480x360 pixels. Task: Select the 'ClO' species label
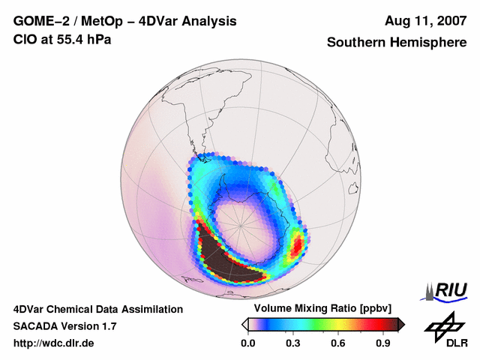24,39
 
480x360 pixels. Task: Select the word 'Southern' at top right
355,43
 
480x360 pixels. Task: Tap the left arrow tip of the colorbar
244,324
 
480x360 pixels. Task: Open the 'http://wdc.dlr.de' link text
55,343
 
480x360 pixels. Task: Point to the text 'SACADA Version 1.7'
64,326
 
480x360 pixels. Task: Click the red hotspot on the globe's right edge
297,244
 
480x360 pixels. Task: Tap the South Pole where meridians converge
241,224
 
